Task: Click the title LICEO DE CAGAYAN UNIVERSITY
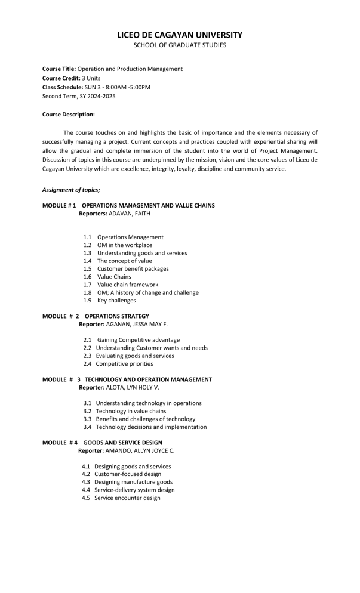(x=180, y=35)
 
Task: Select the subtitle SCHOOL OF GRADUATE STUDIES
(x=180, y=45)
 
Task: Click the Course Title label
(x=59, y=69)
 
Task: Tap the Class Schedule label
(x=63, y=87)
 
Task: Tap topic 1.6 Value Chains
(x=113, y=277)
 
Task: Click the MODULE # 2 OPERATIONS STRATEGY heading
(x=96, y=316)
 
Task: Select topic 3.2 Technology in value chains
(x=131, y=411)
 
